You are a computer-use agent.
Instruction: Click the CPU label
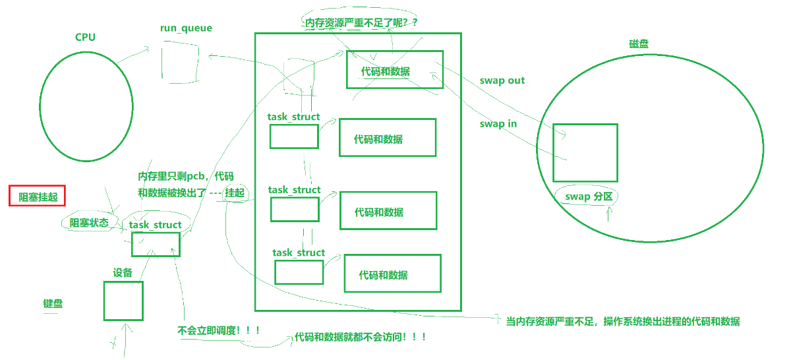click(x=85, y=37)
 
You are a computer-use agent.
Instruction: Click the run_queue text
click(x=186, y=28)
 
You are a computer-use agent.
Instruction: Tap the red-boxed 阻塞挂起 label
click(x=38, y=196)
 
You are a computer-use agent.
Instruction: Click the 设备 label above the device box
click(x=123, y=272)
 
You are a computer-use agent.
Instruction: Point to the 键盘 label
click(x=53, y=304)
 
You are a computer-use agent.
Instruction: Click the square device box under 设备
click(x=123, y=301)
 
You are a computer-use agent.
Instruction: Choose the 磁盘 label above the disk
click(x=639, y=44)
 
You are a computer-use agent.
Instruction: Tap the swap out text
click(x=502, y=80)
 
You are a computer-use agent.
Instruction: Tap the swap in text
click(x=498, y=123)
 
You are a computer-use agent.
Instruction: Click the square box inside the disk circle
click(x=585, y=152)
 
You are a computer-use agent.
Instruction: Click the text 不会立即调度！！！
click(x=219, y=330)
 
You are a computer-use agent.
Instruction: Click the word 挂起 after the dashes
click(x=235, y=193)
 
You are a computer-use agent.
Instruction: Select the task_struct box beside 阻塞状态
click(x=156, y=244)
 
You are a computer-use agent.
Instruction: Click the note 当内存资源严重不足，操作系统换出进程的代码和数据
click(x=622, y=322)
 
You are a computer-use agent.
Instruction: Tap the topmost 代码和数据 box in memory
click(x=395, y=69)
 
